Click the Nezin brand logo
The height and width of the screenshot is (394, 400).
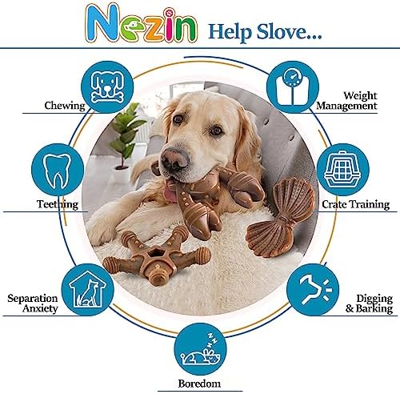click(142, 24)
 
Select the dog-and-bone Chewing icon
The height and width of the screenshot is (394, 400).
click(107, 87)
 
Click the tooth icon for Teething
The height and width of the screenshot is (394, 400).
click(58, 170)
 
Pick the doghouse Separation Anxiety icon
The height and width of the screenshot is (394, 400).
click(88, 290)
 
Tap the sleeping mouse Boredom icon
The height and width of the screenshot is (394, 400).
click(201, 349)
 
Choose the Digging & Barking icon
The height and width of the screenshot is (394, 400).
click(313, 290)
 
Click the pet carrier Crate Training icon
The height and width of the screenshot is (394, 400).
click(343, 170)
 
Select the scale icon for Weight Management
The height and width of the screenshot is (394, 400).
click(293, 87)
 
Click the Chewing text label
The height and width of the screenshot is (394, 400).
click(65, 106)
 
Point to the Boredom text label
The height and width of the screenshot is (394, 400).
click(199, 384)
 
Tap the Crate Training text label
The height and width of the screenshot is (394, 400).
click(356, 204)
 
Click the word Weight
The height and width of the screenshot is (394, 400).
click(360, 96)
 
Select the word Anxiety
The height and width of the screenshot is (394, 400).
click(40, 308)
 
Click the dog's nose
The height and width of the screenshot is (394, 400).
click(174, 159)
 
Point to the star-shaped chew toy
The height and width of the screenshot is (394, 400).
click(157, 255)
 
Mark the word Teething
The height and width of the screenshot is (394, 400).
click(58, 204)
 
